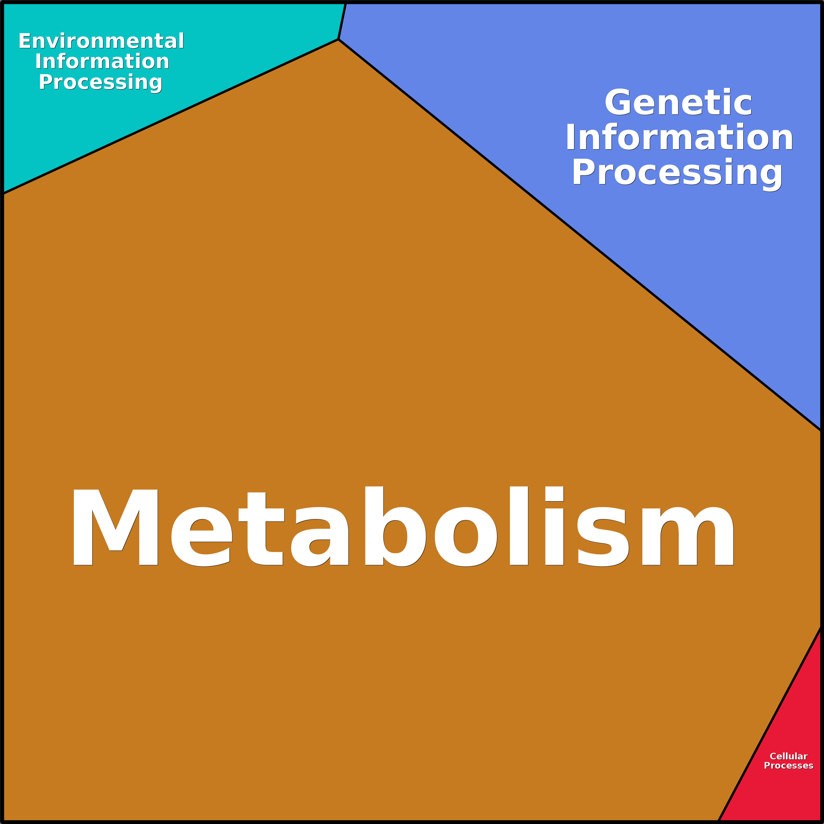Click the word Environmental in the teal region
101,41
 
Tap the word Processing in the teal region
101,82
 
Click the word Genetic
678,103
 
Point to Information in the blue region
679,137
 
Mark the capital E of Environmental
24,41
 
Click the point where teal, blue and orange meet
338,39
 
